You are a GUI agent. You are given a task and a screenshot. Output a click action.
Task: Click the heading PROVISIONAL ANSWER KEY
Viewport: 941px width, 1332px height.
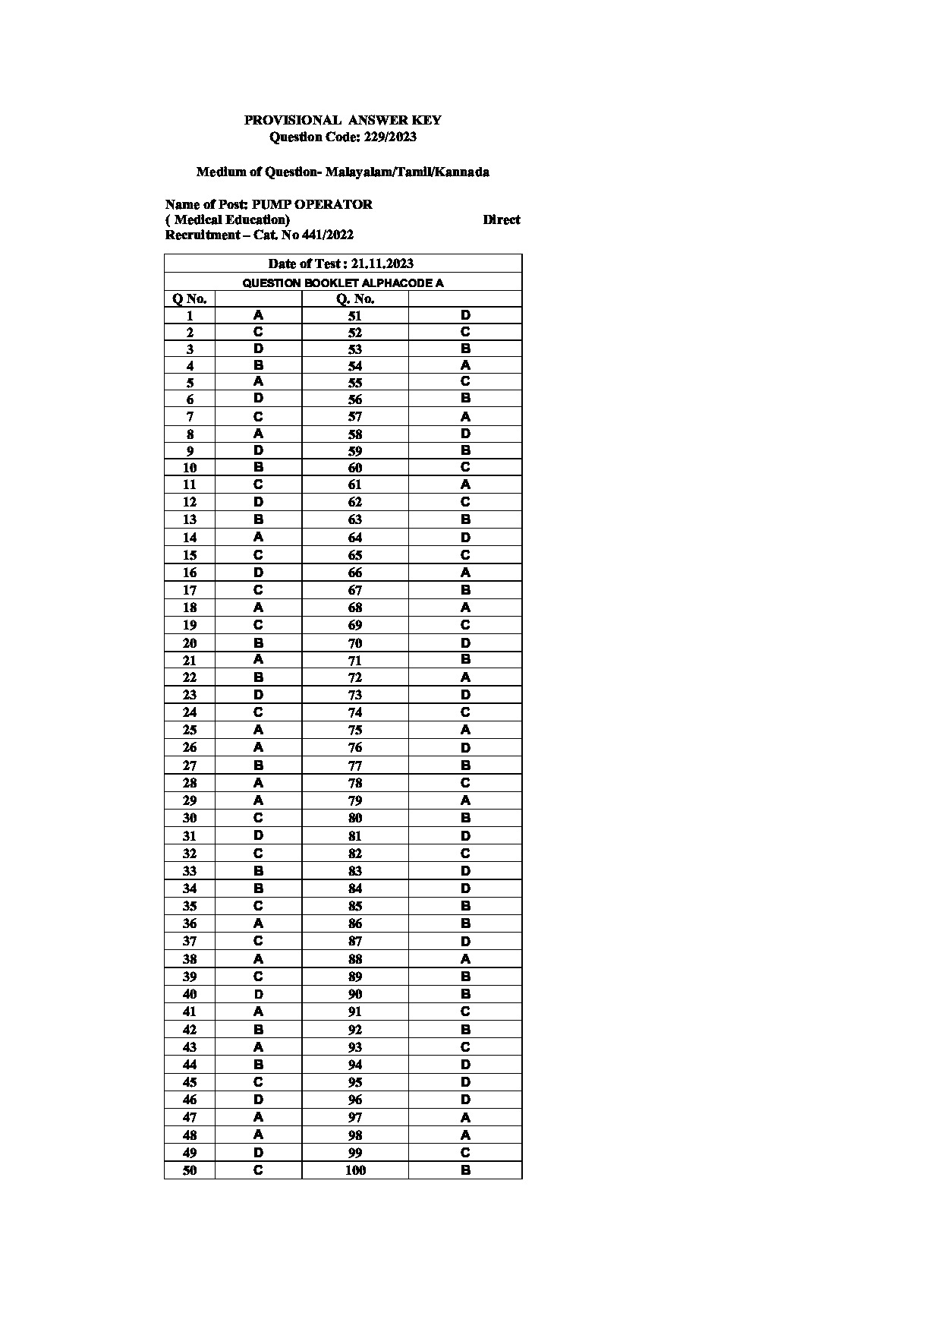click(x=342, y=120)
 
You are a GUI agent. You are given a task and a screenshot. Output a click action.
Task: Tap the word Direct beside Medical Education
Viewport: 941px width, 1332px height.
click(x=501, y=219)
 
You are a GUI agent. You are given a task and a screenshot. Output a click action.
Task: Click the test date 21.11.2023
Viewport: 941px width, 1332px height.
click(x=382, y=264)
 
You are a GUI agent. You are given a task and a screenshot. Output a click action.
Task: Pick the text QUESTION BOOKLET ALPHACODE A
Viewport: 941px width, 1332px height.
click(x=343, y=282)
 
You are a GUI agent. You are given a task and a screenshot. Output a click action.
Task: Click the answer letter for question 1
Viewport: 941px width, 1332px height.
click(x=258, y=315)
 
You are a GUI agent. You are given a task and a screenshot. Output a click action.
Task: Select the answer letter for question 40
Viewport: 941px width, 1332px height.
click(x=258, y=994)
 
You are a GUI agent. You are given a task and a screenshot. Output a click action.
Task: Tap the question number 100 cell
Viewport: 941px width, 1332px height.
click(x=355, y=1170)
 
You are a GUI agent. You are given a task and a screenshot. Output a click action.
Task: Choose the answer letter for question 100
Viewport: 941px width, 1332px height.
click(x=465, y=1170)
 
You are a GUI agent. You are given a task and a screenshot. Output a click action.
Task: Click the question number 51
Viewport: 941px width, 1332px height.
click(x=355, y=316)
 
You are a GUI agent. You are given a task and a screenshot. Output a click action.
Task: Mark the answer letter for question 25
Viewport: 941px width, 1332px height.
click(x=258, y=730)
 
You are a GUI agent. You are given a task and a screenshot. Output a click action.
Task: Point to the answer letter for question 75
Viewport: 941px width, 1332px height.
click(x=465, y=730)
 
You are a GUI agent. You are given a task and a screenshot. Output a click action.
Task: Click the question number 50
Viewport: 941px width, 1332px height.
click(x=190, y=1170)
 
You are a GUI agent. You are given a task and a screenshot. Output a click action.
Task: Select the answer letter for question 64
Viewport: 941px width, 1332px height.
click(x=465, y=537)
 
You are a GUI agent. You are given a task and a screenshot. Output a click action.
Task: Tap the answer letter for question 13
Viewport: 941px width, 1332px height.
click(x=258, y=519)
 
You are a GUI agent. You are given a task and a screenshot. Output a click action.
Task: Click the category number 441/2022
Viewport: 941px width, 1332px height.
click(x=328, y=235)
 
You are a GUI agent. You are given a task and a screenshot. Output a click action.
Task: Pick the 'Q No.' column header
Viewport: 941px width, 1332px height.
click(x=190, y=298)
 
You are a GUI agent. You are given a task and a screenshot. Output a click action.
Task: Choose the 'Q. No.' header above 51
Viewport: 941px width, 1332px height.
click(x=355, y=298)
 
